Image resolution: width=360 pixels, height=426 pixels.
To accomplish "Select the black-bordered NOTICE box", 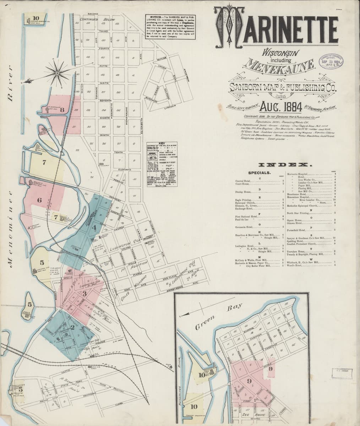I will [171, 28].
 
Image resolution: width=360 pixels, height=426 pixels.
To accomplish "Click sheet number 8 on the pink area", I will [62, 110].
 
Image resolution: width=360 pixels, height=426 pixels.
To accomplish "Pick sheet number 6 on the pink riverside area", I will [39, 200].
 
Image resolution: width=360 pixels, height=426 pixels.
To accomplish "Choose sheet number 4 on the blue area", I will [94, 227].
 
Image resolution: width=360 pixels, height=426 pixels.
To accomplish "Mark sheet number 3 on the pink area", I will [84, 293].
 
